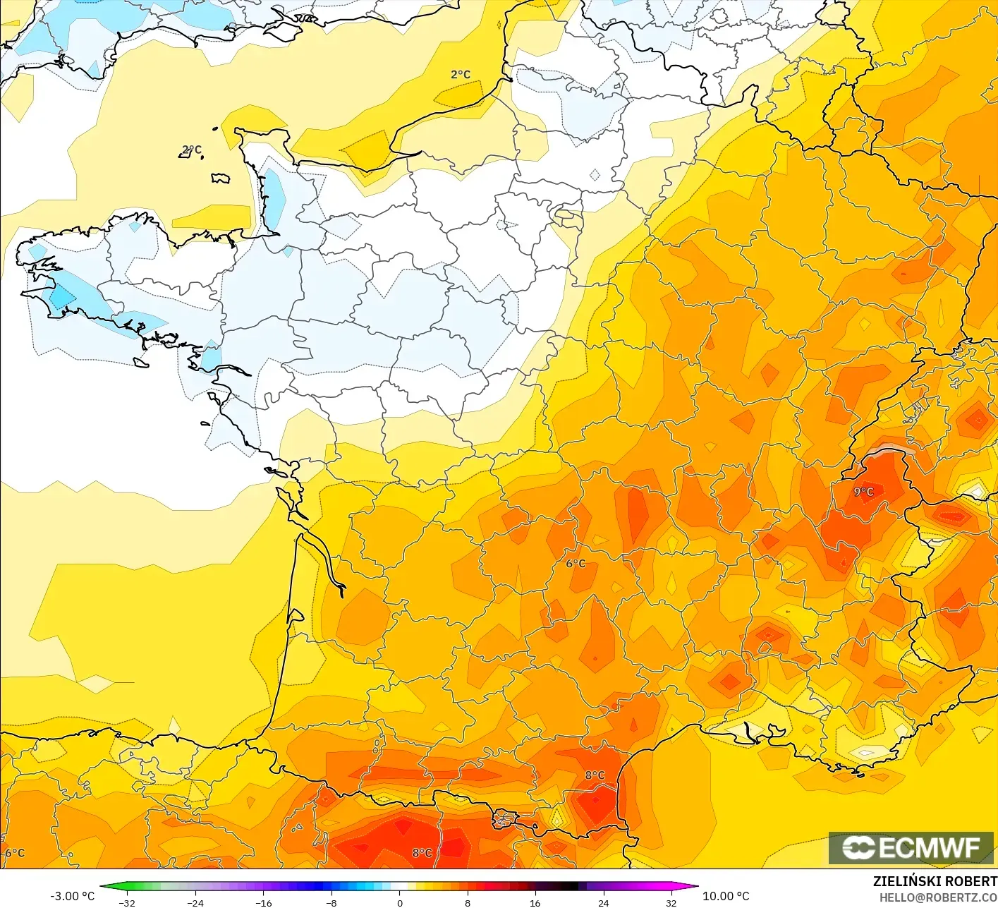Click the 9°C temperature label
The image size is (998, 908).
tap(863, 492)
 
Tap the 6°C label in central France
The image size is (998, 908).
tap(576, 563)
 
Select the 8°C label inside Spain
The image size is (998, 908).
tap(422, 853)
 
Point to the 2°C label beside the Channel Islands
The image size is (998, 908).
tap(191, 150)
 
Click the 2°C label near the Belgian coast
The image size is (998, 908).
tap(460, 74)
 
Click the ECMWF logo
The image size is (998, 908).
tap(911, 847)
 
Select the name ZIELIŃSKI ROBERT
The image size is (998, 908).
tap(935, 881)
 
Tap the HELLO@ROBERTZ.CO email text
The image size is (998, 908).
tap(937, 897)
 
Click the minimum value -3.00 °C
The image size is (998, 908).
tap(72, 896)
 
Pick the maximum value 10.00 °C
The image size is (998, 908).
tap(726, 896)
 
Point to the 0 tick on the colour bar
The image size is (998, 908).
tap(399, 902)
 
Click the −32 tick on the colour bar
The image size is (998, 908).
tap(127, 902)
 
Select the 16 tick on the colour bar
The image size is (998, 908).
tap(535, 902)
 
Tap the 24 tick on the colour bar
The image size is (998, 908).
tap(603, 902)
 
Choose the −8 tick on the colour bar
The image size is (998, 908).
tap(331, 902)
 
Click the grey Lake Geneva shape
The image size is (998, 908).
tap(891, 450)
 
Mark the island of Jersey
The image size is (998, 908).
tap(221, 178)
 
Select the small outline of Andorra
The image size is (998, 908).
tap(505, 820)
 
